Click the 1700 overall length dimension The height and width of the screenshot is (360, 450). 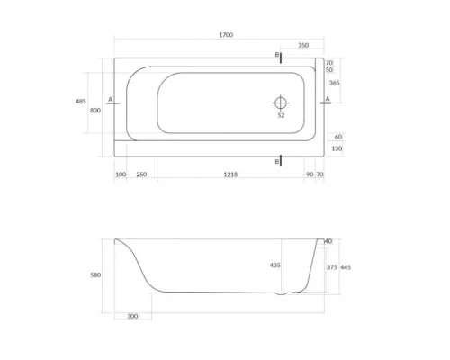click(x=226, y=34)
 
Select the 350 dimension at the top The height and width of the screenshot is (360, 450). click(x=303, y=44)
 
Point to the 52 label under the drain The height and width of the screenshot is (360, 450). click(x=281, y=115)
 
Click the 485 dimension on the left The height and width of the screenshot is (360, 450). click(x=81, y=101)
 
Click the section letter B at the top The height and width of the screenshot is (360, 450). click(x=276, y=55)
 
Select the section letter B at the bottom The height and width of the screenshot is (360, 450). click(x=276, y=161)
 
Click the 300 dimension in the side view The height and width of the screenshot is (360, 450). click(x=133, y=316)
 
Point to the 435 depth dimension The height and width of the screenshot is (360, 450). click(x=274, y=265)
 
